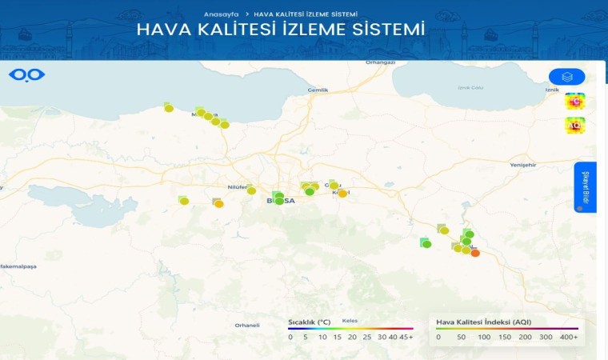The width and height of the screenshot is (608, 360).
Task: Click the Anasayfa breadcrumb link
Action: click(222, 14)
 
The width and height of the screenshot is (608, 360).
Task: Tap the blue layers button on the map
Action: click(566, 77)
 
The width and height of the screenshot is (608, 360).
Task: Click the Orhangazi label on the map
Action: click(381, 62)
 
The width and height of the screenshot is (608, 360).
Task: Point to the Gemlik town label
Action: click(318, 90)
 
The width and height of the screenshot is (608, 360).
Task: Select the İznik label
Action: click(551, 90)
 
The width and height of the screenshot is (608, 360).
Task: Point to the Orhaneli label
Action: click(247, 325)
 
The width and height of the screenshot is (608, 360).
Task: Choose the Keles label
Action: click(350, 321)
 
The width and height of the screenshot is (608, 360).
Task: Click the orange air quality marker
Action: click(475, 253)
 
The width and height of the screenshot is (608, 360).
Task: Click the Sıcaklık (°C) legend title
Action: click(310, 322)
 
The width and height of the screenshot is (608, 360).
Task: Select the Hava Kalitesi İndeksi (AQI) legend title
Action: click(483, 322)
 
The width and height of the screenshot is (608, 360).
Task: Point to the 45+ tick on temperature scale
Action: click(406, 337)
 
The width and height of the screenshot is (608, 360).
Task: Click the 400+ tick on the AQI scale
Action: click(569, 337)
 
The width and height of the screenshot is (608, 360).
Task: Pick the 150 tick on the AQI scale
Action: click(505, 337)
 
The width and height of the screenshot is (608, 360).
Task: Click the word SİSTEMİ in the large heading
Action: click(384, 30)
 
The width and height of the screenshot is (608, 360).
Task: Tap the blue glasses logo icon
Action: click(27, 75)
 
